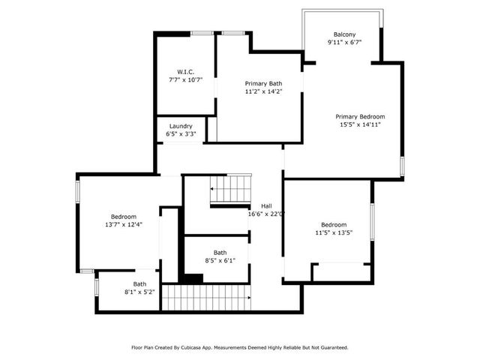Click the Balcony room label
click(344, 34)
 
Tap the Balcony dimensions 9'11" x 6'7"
click(344, 43)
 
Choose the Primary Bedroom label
click(360, 116)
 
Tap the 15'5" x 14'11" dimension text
click(360, 124)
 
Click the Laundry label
click(181, 126)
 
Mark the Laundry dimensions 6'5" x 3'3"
click(181, 134)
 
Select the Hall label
click(266, 205)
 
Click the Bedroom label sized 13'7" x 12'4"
click(124, 216)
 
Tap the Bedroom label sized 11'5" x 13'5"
click(334, 224)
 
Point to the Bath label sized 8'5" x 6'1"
click(220, 253)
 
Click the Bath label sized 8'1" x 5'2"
click(140, 283)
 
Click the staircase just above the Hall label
click(229, 189)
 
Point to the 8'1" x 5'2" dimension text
click(140, 292)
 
